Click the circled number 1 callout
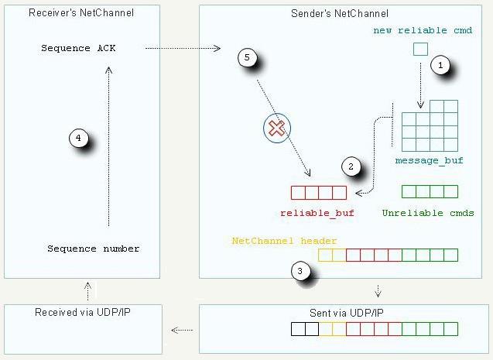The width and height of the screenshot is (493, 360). tap(440, 65)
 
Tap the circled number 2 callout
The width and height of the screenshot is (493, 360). tap(351, 166)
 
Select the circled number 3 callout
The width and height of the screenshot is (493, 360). tap(300, 271)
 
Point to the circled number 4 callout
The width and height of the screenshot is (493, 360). tap(78, 138)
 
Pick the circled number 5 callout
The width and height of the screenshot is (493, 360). tap(247, 57)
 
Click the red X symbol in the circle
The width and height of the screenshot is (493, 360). tap(277, 129)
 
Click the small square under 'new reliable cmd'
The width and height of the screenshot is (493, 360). tap(420, 50)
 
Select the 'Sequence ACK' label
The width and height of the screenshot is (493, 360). tap(78, 48)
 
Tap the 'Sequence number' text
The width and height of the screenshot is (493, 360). tap(94, 249)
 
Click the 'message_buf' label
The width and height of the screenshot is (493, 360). tap(430, 161)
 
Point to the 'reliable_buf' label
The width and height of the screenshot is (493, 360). tap(317, 213)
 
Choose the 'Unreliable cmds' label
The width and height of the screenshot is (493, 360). tap(428, 213)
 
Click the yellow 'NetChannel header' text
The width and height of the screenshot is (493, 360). tap(284, 241)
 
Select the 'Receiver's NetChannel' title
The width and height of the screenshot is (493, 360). tap(81, 12)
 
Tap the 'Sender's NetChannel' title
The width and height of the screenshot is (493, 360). tap(340, 13)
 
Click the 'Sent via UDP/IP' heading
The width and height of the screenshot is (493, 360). tap(347, 313)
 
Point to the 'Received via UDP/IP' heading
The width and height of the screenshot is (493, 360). tap(83, 312)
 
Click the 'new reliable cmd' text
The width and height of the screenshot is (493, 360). tap(423, 30)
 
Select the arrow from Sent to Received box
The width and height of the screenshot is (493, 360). tap(182, 330)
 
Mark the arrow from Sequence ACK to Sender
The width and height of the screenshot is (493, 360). tap(183, 48)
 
